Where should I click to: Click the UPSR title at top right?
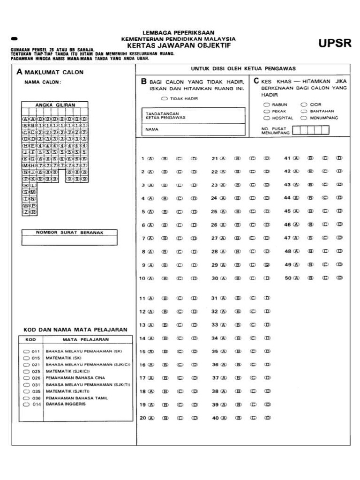(335, 44)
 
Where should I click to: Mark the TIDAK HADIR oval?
(164, 99)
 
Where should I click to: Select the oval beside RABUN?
(266, 105)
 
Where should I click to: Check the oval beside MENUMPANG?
(304, 118)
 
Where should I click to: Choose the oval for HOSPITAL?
(266, 118)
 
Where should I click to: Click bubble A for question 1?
(151, 158)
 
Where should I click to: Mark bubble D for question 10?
(194, 278)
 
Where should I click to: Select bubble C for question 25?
(253, 211)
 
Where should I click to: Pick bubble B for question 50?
(310, 278)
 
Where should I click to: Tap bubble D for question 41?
(339, 158)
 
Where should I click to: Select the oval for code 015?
(26, 358)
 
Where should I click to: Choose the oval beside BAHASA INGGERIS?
(26, 404)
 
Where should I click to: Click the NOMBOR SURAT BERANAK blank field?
(69, 240)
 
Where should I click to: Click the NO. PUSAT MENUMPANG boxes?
(307, 130)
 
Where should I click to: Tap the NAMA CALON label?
(43, 82)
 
